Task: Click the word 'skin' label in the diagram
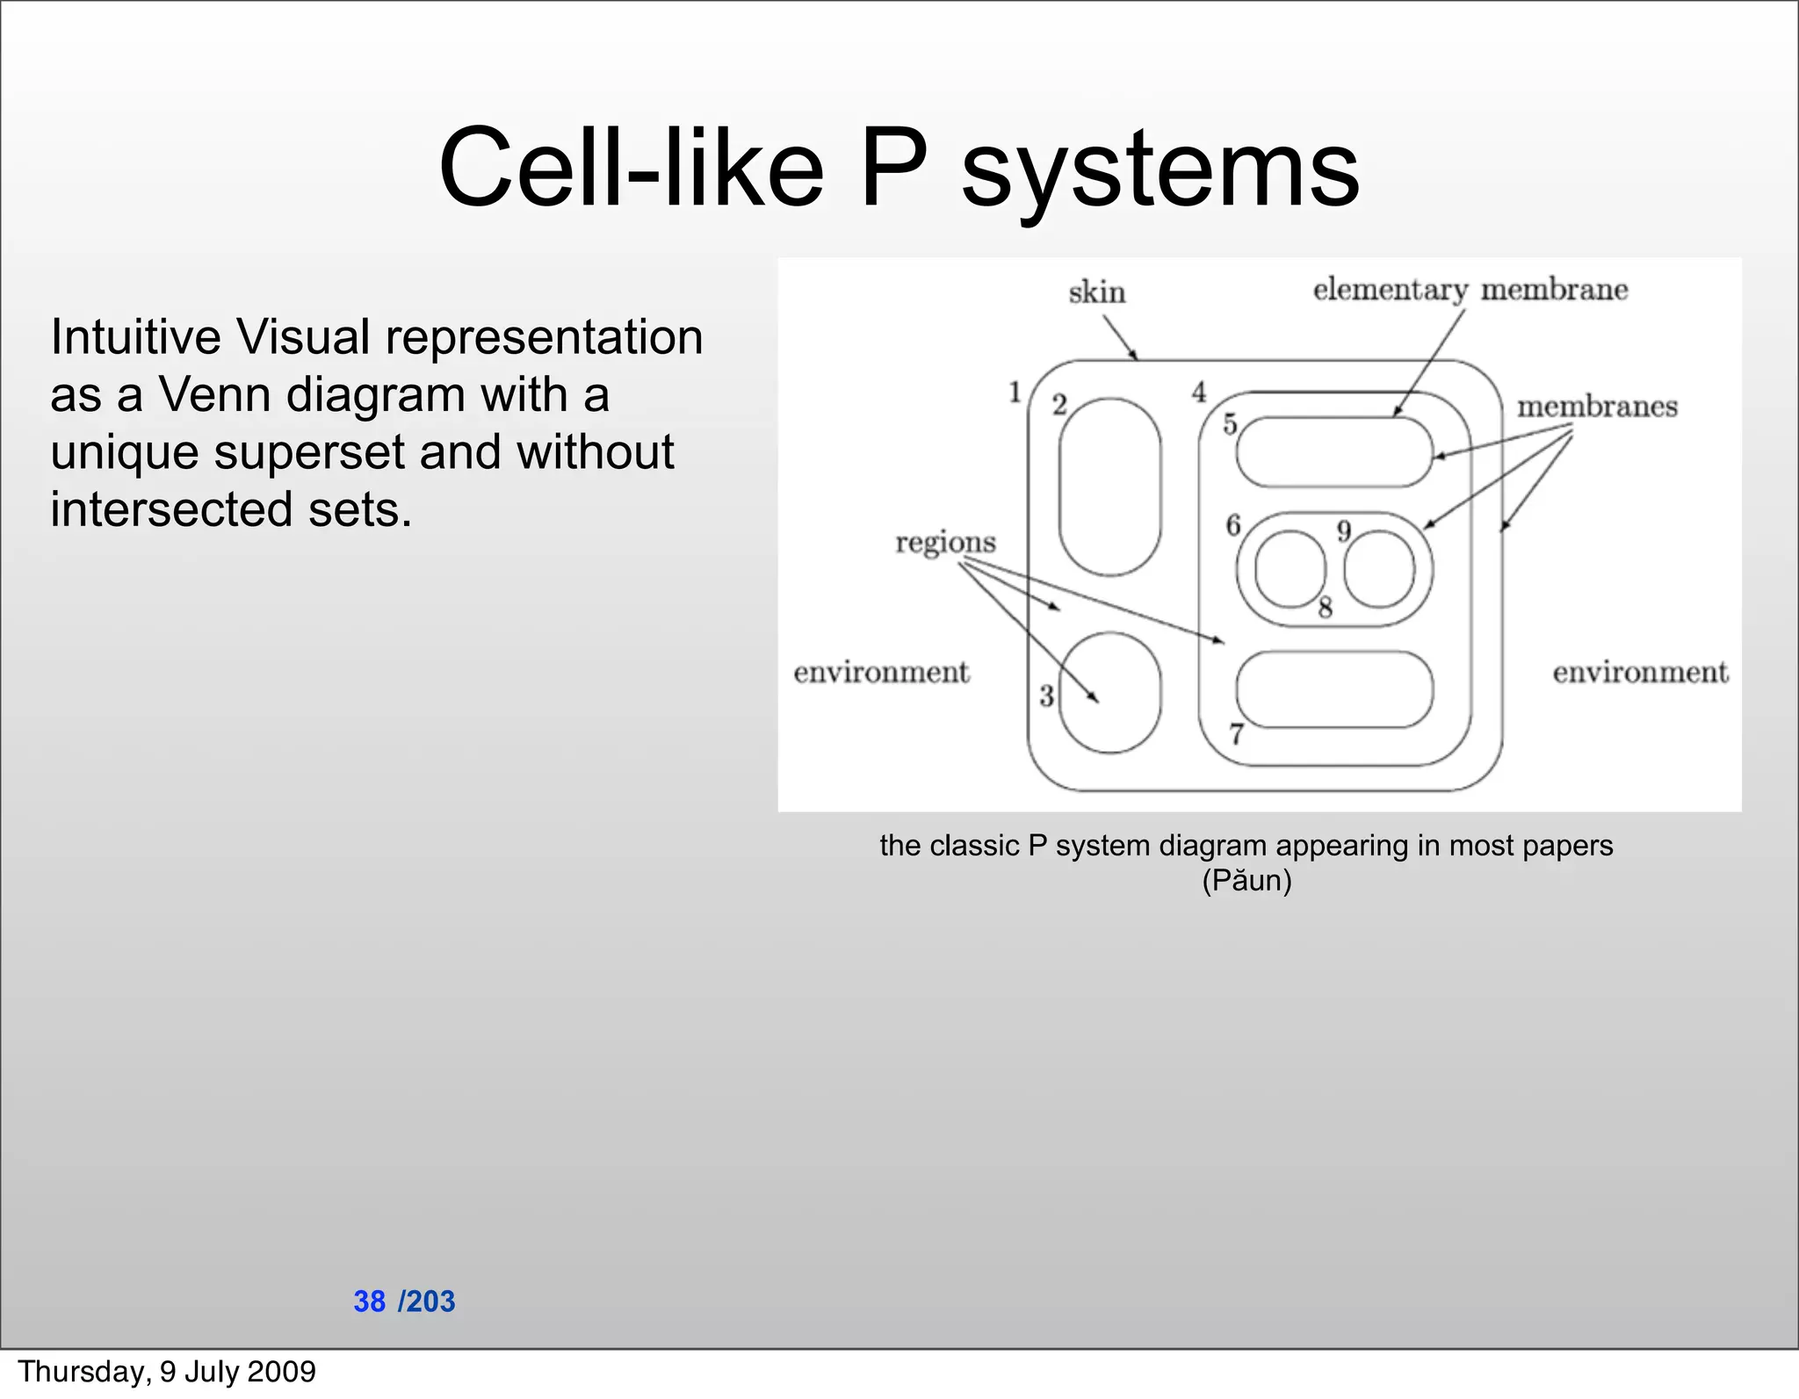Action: pos(1096,292)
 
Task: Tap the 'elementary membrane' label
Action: pos(1470,290)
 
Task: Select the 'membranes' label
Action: pos(1597,407)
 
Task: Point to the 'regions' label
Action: pos(945,543)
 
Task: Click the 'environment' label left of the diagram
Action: pos(881,673)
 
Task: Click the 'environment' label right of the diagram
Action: pos(1640,673)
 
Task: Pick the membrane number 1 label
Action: pos(1015,392)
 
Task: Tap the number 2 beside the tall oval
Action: pos(1059,405)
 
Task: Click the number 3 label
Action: pos(1046,696)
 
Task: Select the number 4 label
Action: pos(1199,393)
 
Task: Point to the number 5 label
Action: pos(1230,424)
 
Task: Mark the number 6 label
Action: pos(1233,525)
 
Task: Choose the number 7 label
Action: pos(1236,733)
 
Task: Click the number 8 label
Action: pos(1325,607)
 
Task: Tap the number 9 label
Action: pos(1343,531)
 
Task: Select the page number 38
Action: pos(369,1302)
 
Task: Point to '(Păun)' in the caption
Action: pos(1246,880)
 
